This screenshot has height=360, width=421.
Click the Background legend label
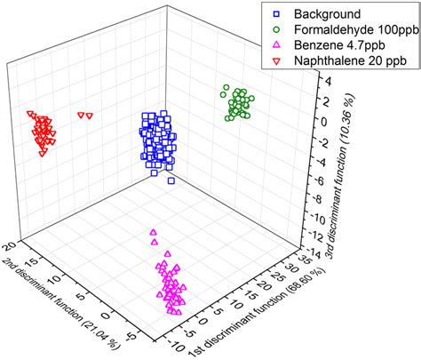click(319, 13)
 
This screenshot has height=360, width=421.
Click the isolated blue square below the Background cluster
click(171, 181)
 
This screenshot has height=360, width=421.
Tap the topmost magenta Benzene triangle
click(153, 232)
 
